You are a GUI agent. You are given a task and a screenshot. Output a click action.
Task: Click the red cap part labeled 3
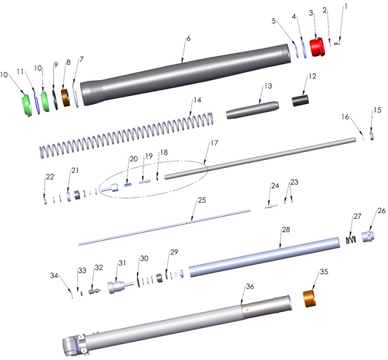coord(317,47)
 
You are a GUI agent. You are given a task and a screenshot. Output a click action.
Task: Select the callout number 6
coord(189,39)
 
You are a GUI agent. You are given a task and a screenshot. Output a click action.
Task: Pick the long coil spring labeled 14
coord(126,135)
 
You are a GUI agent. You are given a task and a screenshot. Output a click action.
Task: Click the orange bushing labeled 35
coord(309,299)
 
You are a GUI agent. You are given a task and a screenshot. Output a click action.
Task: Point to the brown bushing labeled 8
coord(66,97)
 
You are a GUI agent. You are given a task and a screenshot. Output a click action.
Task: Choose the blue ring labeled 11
coord(37,103)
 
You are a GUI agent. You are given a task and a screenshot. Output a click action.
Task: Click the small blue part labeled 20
coord(127,185)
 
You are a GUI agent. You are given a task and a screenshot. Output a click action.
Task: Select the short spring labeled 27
coord(351,239)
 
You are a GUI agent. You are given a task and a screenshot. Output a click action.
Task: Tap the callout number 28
coord(286,230)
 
